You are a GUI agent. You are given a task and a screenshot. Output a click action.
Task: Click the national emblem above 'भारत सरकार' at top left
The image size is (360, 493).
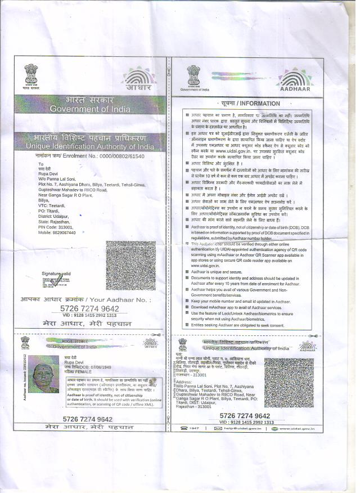[x=31, y=74]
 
